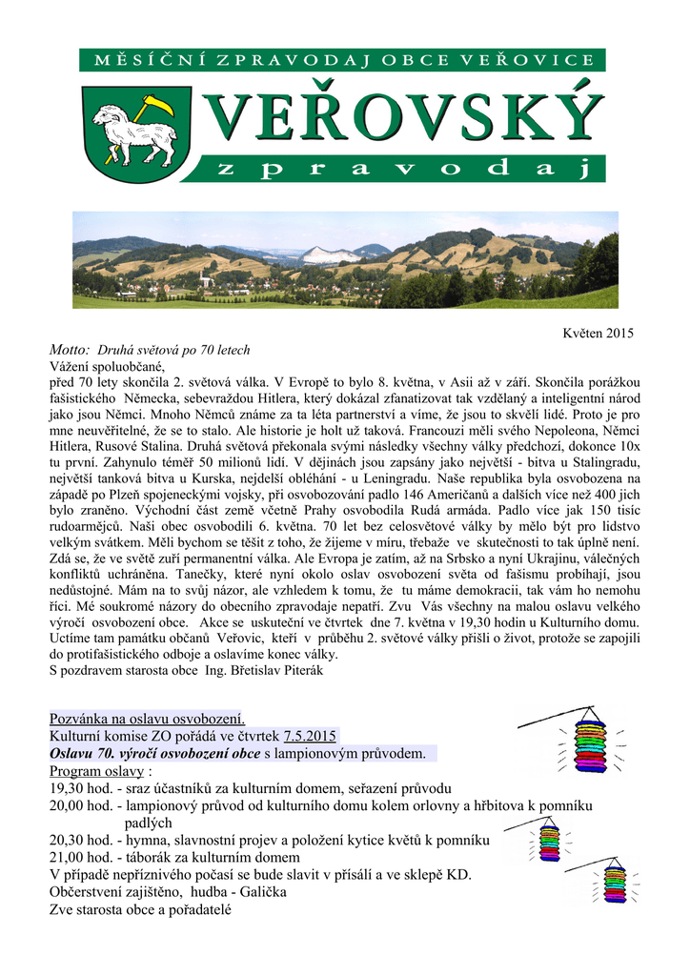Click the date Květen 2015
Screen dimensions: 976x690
[x=599, y=333]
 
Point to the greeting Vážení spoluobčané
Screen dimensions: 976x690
[x=107, y=366]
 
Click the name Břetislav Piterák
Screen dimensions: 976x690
[x=282, y=670]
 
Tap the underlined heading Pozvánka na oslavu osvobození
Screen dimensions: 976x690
[x=147, y=718]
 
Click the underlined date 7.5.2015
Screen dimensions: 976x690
[x=310, y=736]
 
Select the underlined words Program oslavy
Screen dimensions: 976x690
[x=96, y=771]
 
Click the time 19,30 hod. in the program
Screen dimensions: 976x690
[x=80, y=789]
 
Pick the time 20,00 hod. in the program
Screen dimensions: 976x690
[x=80, y=806]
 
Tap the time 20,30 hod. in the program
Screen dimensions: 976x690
[x=80, y=840]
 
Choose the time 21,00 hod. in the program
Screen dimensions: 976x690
[x=80, y=858]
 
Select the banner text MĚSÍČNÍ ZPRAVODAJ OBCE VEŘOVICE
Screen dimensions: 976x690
[x=343, y=60]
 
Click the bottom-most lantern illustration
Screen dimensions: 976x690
[x=615, y=882]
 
